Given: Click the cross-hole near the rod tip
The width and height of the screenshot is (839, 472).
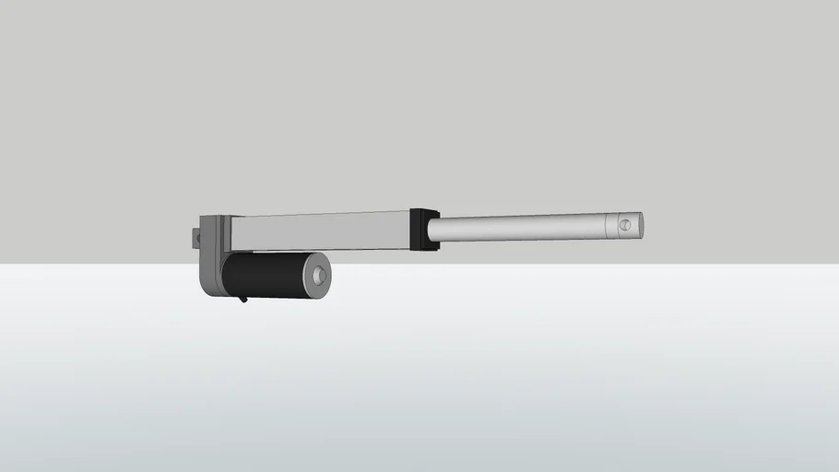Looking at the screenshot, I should click(626, 223).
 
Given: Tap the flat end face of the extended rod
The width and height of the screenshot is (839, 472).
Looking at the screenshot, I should click(640, 224).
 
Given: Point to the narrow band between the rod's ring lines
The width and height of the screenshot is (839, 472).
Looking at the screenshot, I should click(611, 225).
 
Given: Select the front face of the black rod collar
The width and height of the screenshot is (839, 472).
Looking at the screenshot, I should click(432, 230).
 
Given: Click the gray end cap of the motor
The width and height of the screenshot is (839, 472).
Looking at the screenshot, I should click(317, 277).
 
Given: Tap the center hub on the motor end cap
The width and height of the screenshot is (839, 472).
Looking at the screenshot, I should click(319, 276).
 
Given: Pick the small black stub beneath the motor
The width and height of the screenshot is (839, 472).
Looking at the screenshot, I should click(242, 298).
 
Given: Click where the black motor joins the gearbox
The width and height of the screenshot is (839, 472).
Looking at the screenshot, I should click(226, 274).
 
